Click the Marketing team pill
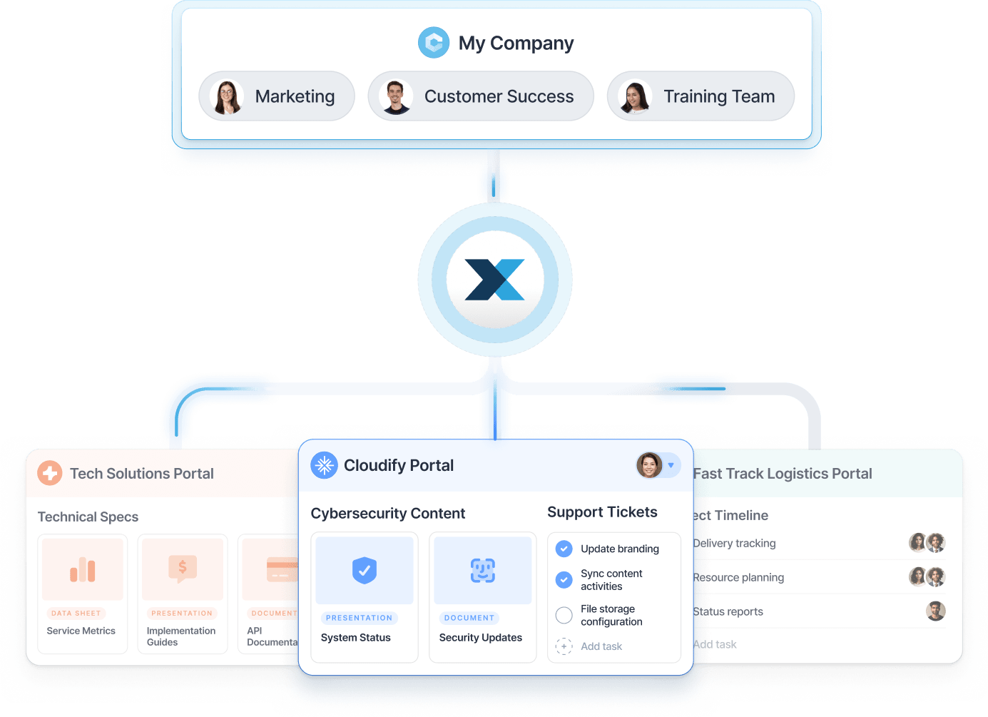tap(277, 96)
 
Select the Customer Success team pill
tap(481, 96)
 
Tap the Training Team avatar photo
tap(634, 96)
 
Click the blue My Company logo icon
tap(434, 43)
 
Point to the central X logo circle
tap(495, 280)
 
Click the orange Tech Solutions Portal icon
tap(50, 473)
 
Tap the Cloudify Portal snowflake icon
tap(325, 465)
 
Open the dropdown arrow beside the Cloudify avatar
tap(671, 465)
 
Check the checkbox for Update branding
tap(564, 549)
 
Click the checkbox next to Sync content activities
tap(564, 579)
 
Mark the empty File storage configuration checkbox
tap(564, 615)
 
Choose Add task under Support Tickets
tap(601, 646)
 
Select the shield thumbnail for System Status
tap(365, 570)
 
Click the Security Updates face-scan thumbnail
tap(483, 570)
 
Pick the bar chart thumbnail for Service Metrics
tap(83, 569)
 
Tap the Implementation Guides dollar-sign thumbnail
tap(183, 569)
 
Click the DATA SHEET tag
tap(76, 614)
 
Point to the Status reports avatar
tap(935, 611)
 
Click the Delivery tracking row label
tap(734, 544)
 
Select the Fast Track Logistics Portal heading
tap(783, 474)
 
